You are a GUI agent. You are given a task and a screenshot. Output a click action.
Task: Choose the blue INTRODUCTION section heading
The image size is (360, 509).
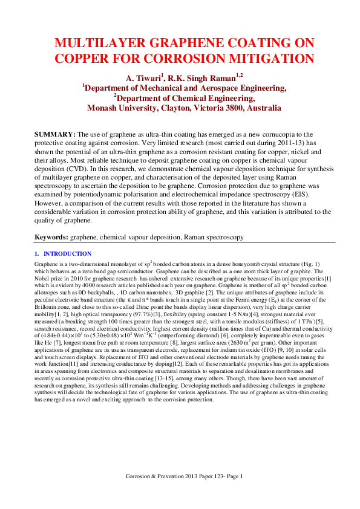[67, 254]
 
